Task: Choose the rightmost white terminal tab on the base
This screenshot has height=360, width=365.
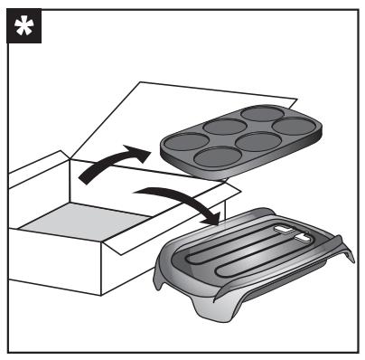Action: (x=300, y=239)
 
